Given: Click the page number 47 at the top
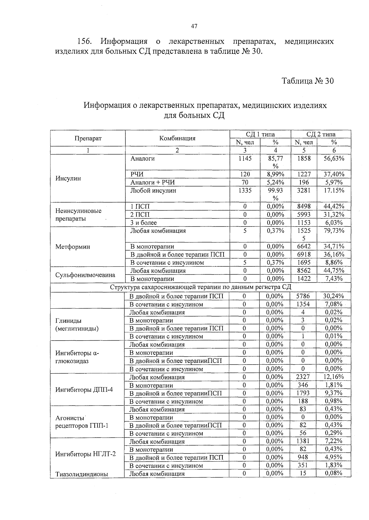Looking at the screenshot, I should pos(194,26).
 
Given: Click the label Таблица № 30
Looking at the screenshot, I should pos(307,81).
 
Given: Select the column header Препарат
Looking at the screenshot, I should pos(88,138).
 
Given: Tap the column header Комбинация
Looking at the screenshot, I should pos(177,138).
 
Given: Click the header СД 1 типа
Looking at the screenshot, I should pos(260,134).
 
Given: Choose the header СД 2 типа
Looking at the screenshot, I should pos(321,134).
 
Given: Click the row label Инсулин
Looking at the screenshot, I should pos(68,178).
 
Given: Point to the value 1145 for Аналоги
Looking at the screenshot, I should pos(245,158).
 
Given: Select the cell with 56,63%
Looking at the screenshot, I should pos(334,158).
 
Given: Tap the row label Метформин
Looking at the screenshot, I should pos(73,247).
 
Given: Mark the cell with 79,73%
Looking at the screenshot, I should pos(334,231).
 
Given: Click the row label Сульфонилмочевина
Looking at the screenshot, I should pos(85,275).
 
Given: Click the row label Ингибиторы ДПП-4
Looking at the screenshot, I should pos(84,390).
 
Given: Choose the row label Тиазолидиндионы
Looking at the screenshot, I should pos(81,474).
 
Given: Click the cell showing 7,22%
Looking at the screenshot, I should pos(334,441).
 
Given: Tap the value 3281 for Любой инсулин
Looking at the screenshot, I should pos(304,190).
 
